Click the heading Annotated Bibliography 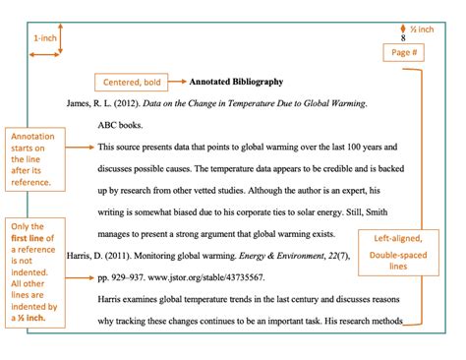[x=235, y=82]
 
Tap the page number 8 [x=402, y=36]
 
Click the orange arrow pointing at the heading [x=177, y=83]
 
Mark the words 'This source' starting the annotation [x=121, y=147]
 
